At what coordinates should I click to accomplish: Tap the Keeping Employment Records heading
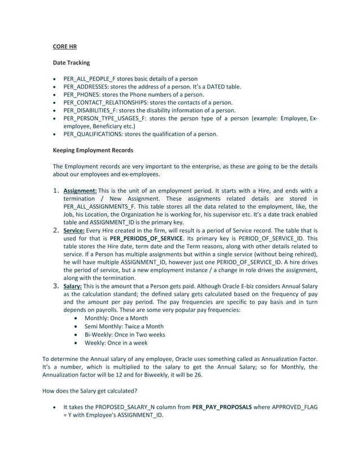click(93, 150)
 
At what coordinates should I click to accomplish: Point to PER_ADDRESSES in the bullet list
click(84, 87)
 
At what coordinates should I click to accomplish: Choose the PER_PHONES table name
click(80, 95)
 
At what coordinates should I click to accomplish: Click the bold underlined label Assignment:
click(80, 190)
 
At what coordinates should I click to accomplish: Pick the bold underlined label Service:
click(74, 230)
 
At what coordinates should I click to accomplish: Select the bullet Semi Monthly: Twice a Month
click(124, 326)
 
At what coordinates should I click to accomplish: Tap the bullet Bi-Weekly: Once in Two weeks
click(125, 334)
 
